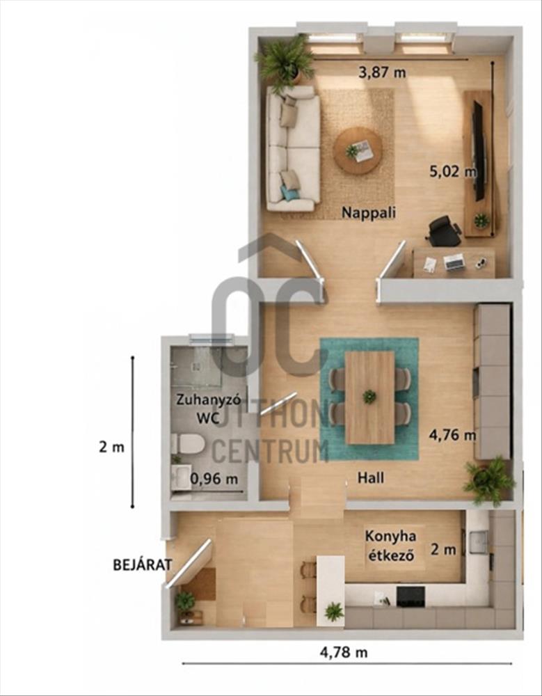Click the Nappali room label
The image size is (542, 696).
pos(368,213)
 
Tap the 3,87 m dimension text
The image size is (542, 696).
pos(382,72)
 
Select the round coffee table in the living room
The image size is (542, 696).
pos(358,151)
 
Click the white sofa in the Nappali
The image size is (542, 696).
pos(293,148)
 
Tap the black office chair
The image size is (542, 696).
pos(444,231)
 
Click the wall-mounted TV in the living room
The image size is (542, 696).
pos(478,151)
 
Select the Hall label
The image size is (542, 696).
pos(371,478)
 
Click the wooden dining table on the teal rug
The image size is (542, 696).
pos(369,397)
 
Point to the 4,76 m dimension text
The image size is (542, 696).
pos(452,435)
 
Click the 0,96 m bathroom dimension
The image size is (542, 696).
pos(214,480)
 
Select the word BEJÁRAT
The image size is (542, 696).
pos(142,565)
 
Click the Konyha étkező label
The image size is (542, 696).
pos(390,546)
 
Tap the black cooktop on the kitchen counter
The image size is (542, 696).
pos(411,596)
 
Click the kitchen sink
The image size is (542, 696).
pos(479,542)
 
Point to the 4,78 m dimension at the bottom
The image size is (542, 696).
pos(344,653)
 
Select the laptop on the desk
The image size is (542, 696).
pos(454,262)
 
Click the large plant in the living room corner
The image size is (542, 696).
pos(285,62)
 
